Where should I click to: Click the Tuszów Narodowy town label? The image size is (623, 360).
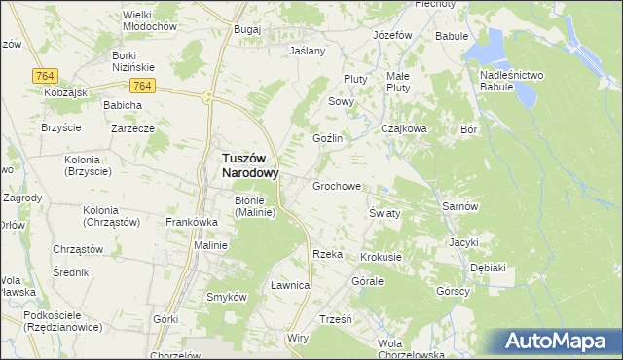244,165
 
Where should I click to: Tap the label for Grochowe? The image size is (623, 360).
337,185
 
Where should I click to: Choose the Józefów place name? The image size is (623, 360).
393,35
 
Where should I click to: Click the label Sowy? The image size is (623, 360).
340,101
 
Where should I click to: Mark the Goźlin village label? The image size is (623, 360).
327,139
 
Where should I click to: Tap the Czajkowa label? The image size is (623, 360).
405,127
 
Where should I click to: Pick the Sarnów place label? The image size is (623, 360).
458,207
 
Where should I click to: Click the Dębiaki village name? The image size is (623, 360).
488,267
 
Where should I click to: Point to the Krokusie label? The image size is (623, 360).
381,257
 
